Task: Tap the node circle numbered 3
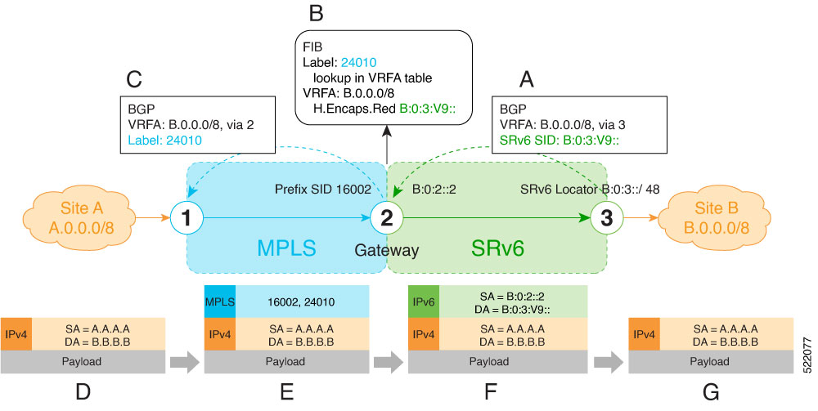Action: tap(606, 218)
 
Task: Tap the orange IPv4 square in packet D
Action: tap(16, 335)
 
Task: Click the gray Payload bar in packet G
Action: tap(710, 360)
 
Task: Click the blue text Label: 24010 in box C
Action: tap(164, 140)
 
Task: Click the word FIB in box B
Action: tap(313, 47)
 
